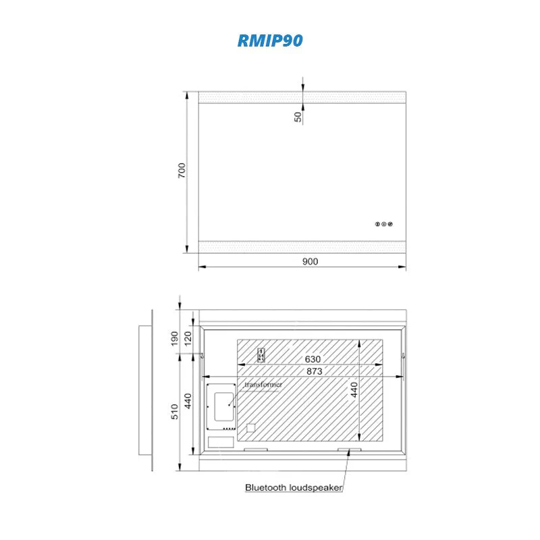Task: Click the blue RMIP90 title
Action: pyautogui.click(x=270, y=40)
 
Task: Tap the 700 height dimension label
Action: pyautogui.click(x=182, y=171)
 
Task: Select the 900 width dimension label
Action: pyautogui.click(x=310, y=261)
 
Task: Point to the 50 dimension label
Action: pyautogui.click(x=298, y=117)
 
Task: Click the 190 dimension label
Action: pyautogui.click(x=175, y=339)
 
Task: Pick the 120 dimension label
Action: pyautogui.click(x=188, y=339)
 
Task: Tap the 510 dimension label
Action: pyautogui.click(x=175, y=412)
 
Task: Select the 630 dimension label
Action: pyautogui.click(x=313, y=359)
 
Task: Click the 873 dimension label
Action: pyautogui.click(x=315, y=371)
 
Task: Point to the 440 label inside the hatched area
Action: pyautogui.click(x=354, y=389)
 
